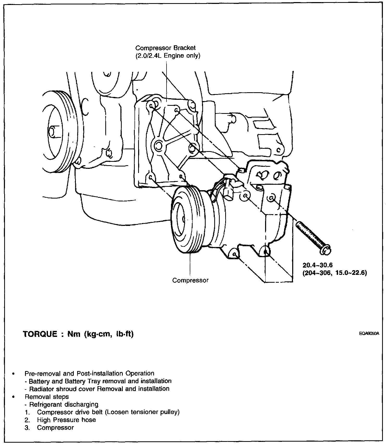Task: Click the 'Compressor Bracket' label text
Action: [x=165, y=48]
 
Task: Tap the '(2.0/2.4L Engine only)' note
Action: [x=168, y=56]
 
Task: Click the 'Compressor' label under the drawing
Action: [x=190, y=280]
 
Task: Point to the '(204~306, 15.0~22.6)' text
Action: [x=335, y=273]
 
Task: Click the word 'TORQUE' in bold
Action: [x=40, y=334]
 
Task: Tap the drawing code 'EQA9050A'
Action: [x=369, y=334]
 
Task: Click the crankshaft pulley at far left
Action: [x=56, y=132]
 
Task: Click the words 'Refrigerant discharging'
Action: [x=64, y=405]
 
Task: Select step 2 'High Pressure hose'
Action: [x=66, y=420]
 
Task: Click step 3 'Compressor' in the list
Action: [x=55, y=428]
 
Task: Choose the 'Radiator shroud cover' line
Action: [x=99, y=389]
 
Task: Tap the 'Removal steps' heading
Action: [x=47, y=397]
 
